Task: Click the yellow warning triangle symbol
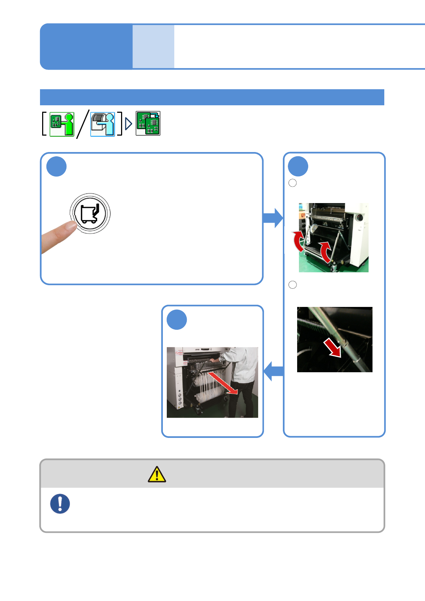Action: pyautogui.click(x=157, y=475)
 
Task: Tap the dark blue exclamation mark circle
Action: pyautogui.click(x=60, y=504)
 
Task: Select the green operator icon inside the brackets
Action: pyautogui.click(x=62, y=124)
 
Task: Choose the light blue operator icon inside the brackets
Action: pyautogui.click(x=102, y=124)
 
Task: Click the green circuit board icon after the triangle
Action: pyautogui.click(x=148, y=123)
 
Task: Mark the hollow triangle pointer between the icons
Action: pyautogui.click(x=129, y=124)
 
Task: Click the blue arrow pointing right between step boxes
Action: pyautogui.click(x=273, y=218)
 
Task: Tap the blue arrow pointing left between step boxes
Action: pyautogui.click(x=274, y=371)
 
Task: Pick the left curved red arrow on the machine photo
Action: pyautogui.click(x=298, y=241)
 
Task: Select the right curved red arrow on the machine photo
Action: pyautogui.click(x=325, y=251)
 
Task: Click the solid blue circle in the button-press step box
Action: pyautogui.click(x=56, y=166)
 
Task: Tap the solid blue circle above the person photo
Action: pyautogui.click(x=177, y=320)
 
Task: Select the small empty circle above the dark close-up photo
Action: pyautogui.click(x=292, y=285)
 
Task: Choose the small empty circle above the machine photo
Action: pyautogui.click(x=292, y=183)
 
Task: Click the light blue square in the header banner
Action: pyautogui.click(x=153, y=46)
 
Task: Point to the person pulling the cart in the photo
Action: pyautogui.click(x=241, y=378)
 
